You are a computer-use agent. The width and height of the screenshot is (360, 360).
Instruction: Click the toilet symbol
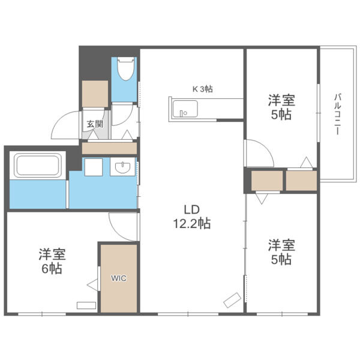pos(125,68)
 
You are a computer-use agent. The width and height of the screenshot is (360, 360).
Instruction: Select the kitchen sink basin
pos(185,109)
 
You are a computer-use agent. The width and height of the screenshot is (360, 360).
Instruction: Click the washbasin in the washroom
pos(122,167)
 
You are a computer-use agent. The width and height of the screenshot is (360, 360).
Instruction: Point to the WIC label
pos(119,278)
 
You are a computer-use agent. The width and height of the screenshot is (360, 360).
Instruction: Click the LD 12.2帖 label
pos(192,217)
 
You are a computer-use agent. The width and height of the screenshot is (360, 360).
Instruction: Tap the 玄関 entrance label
pos(95,124)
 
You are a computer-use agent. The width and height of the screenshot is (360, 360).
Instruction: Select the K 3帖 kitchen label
pos(203,89)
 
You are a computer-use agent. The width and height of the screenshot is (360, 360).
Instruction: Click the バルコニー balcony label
pos(337,114)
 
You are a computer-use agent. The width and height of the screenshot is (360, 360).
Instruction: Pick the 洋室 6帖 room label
pos(52,261)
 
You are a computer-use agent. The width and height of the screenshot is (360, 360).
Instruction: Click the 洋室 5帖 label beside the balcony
pos(281,107)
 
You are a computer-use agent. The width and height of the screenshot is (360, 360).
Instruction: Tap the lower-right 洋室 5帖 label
pos(281,252)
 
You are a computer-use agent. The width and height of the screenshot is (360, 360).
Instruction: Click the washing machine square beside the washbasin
pos(94,167)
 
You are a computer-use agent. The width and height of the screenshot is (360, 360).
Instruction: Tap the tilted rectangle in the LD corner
pos(232,299)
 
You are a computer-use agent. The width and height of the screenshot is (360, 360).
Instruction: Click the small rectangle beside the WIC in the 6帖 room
pos(86,305)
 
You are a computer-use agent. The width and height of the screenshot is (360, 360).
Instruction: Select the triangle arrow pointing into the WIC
pos(92,285)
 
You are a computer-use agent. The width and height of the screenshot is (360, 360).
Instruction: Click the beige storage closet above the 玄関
pos(95,94)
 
